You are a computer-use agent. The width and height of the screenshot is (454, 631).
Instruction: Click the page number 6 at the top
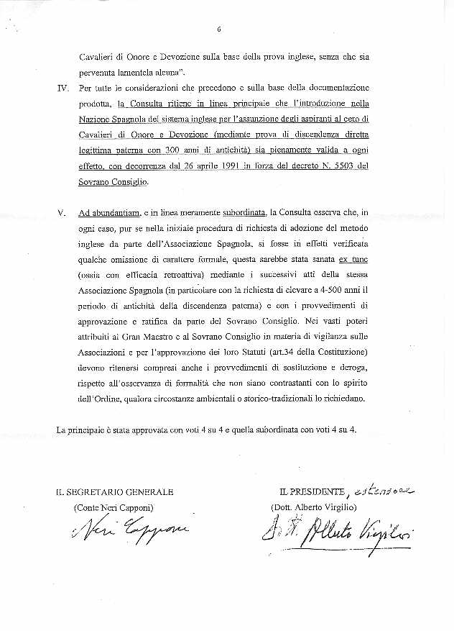pyautogui.click(x=218, y=29)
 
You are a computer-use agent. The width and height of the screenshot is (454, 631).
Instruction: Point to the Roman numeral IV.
pyautogui.click(x=62, y=89)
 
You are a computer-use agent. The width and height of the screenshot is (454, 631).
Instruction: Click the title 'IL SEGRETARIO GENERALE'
pyautogui.click(x=116, y=492)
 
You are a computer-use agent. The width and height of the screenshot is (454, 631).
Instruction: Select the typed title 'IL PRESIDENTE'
pyautogui.click(x=312, y=492)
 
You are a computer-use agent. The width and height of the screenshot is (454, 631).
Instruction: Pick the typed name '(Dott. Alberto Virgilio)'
pyautogui.click(x=318, y=508)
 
